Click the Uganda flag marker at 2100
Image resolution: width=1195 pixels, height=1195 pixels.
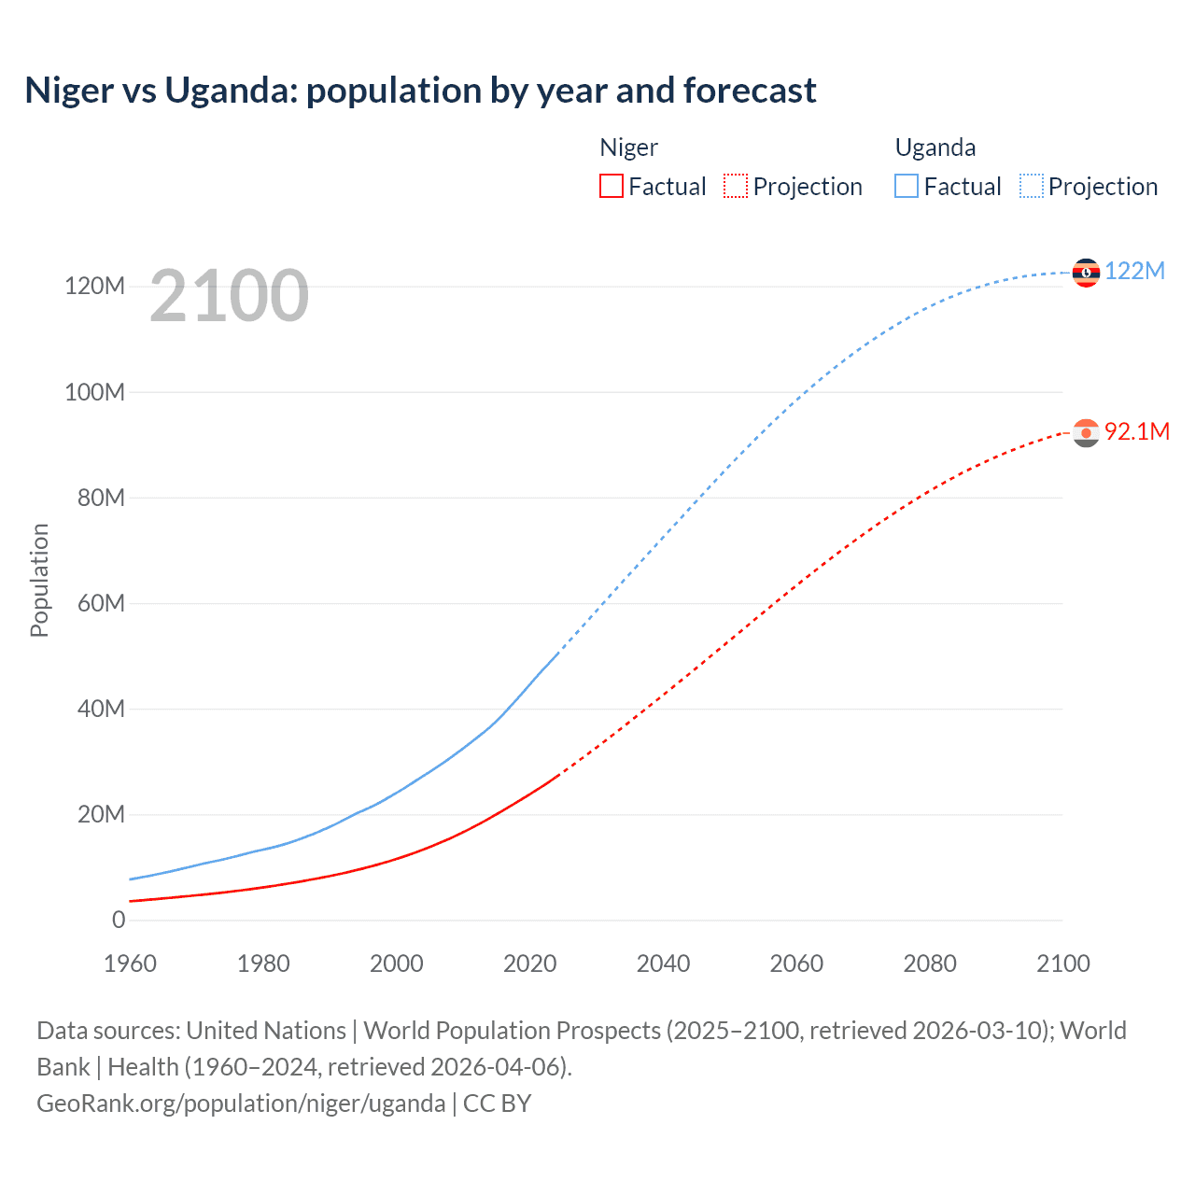1086,272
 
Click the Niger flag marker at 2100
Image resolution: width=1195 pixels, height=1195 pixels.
1086,433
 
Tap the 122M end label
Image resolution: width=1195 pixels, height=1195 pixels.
1134,271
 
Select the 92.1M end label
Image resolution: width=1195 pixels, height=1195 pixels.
1136,431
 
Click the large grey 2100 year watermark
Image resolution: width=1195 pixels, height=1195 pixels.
229,296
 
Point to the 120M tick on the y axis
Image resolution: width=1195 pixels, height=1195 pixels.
94,286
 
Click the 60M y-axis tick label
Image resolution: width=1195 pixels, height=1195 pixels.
101,603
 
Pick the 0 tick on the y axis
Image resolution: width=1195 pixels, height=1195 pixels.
119,920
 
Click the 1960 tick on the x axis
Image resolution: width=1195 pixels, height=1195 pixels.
130,963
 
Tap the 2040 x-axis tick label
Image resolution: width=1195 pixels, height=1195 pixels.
663,963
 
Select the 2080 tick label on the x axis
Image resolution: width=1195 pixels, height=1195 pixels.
930,963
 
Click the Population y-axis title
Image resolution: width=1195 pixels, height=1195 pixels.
39,580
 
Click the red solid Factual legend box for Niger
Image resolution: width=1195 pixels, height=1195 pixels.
611,186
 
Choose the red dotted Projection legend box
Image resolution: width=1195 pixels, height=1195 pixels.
736,186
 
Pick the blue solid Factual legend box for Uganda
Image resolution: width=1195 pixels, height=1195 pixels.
907,186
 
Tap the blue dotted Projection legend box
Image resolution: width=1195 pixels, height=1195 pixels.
1032,186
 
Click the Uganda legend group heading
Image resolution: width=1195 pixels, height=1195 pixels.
935,148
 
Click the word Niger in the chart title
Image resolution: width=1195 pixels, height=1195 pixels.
69,91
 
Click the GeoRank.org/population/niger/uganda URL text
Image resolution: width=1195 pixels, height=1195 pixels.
241,1103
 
